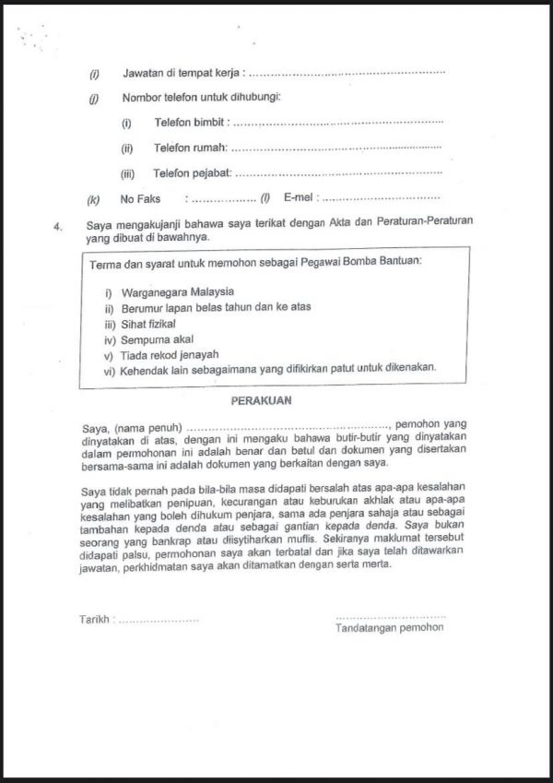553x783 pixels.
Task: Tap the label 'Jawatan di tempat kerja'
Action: click(183, 73)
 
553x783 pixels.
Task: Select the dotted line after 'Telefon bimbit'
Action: click(337, 123)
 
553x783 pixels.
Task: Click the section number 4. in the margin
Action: click(58, 224)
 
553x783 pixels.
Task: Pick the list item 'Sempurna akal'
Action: click(155, 339)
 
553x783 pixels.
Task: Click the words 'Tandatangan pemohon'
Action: click(390, 627)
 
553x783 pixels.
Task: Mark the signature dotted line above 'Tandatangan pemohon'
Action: click(391, 615)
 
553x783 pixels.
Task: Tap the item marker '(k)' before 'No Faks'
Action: click(93, 198)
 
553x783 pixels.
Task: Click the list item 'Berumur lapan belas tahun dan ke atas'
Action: click(210, 308)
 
